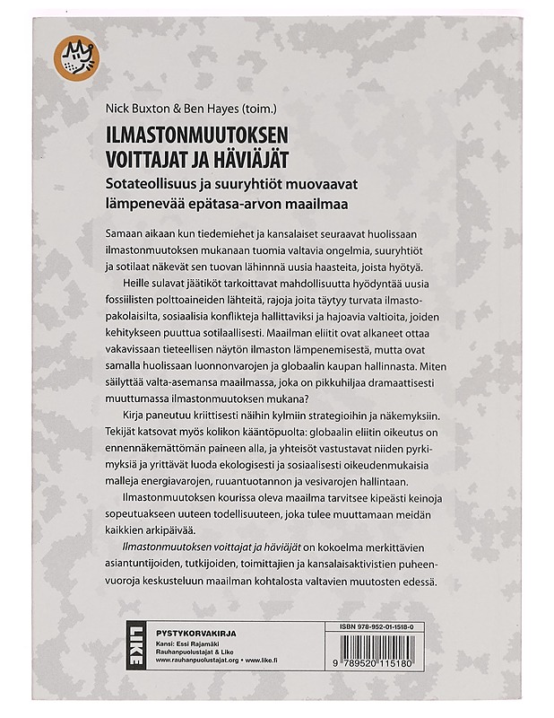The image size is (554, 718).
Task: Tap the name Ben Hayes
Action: (x=211, y=112)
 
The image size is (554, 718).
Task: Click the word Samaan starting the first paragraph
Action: (x=113, y=232)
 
